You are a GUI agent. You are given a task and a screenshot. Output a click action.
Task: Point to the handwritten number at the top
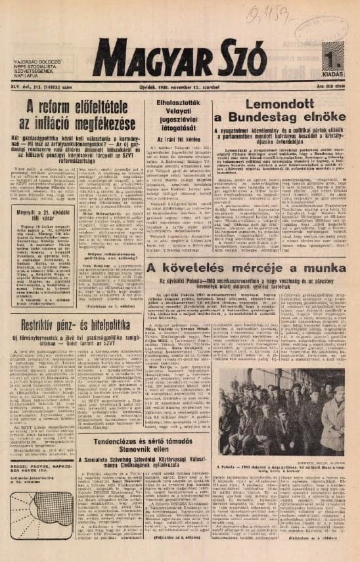point(265,11)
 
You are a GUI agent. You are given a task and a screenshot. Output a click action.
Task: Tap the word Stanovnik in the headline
point(165,434)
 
